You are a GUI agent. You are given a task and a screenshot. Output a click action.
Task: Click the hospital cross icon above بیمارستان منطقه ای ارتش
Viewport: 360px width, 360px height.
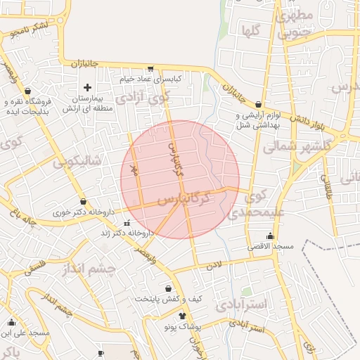87,88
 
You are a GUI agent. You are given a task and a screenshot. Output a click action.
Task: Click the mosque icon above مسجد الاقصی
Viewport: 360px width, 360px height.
271,236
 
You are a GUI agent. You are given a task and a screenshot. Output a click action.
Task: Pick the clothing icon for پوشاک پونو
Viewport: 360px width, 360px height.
183,316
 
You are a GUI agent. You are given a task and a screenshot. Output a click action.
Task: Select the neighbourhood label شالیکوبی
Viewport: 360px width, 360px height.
77,162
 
